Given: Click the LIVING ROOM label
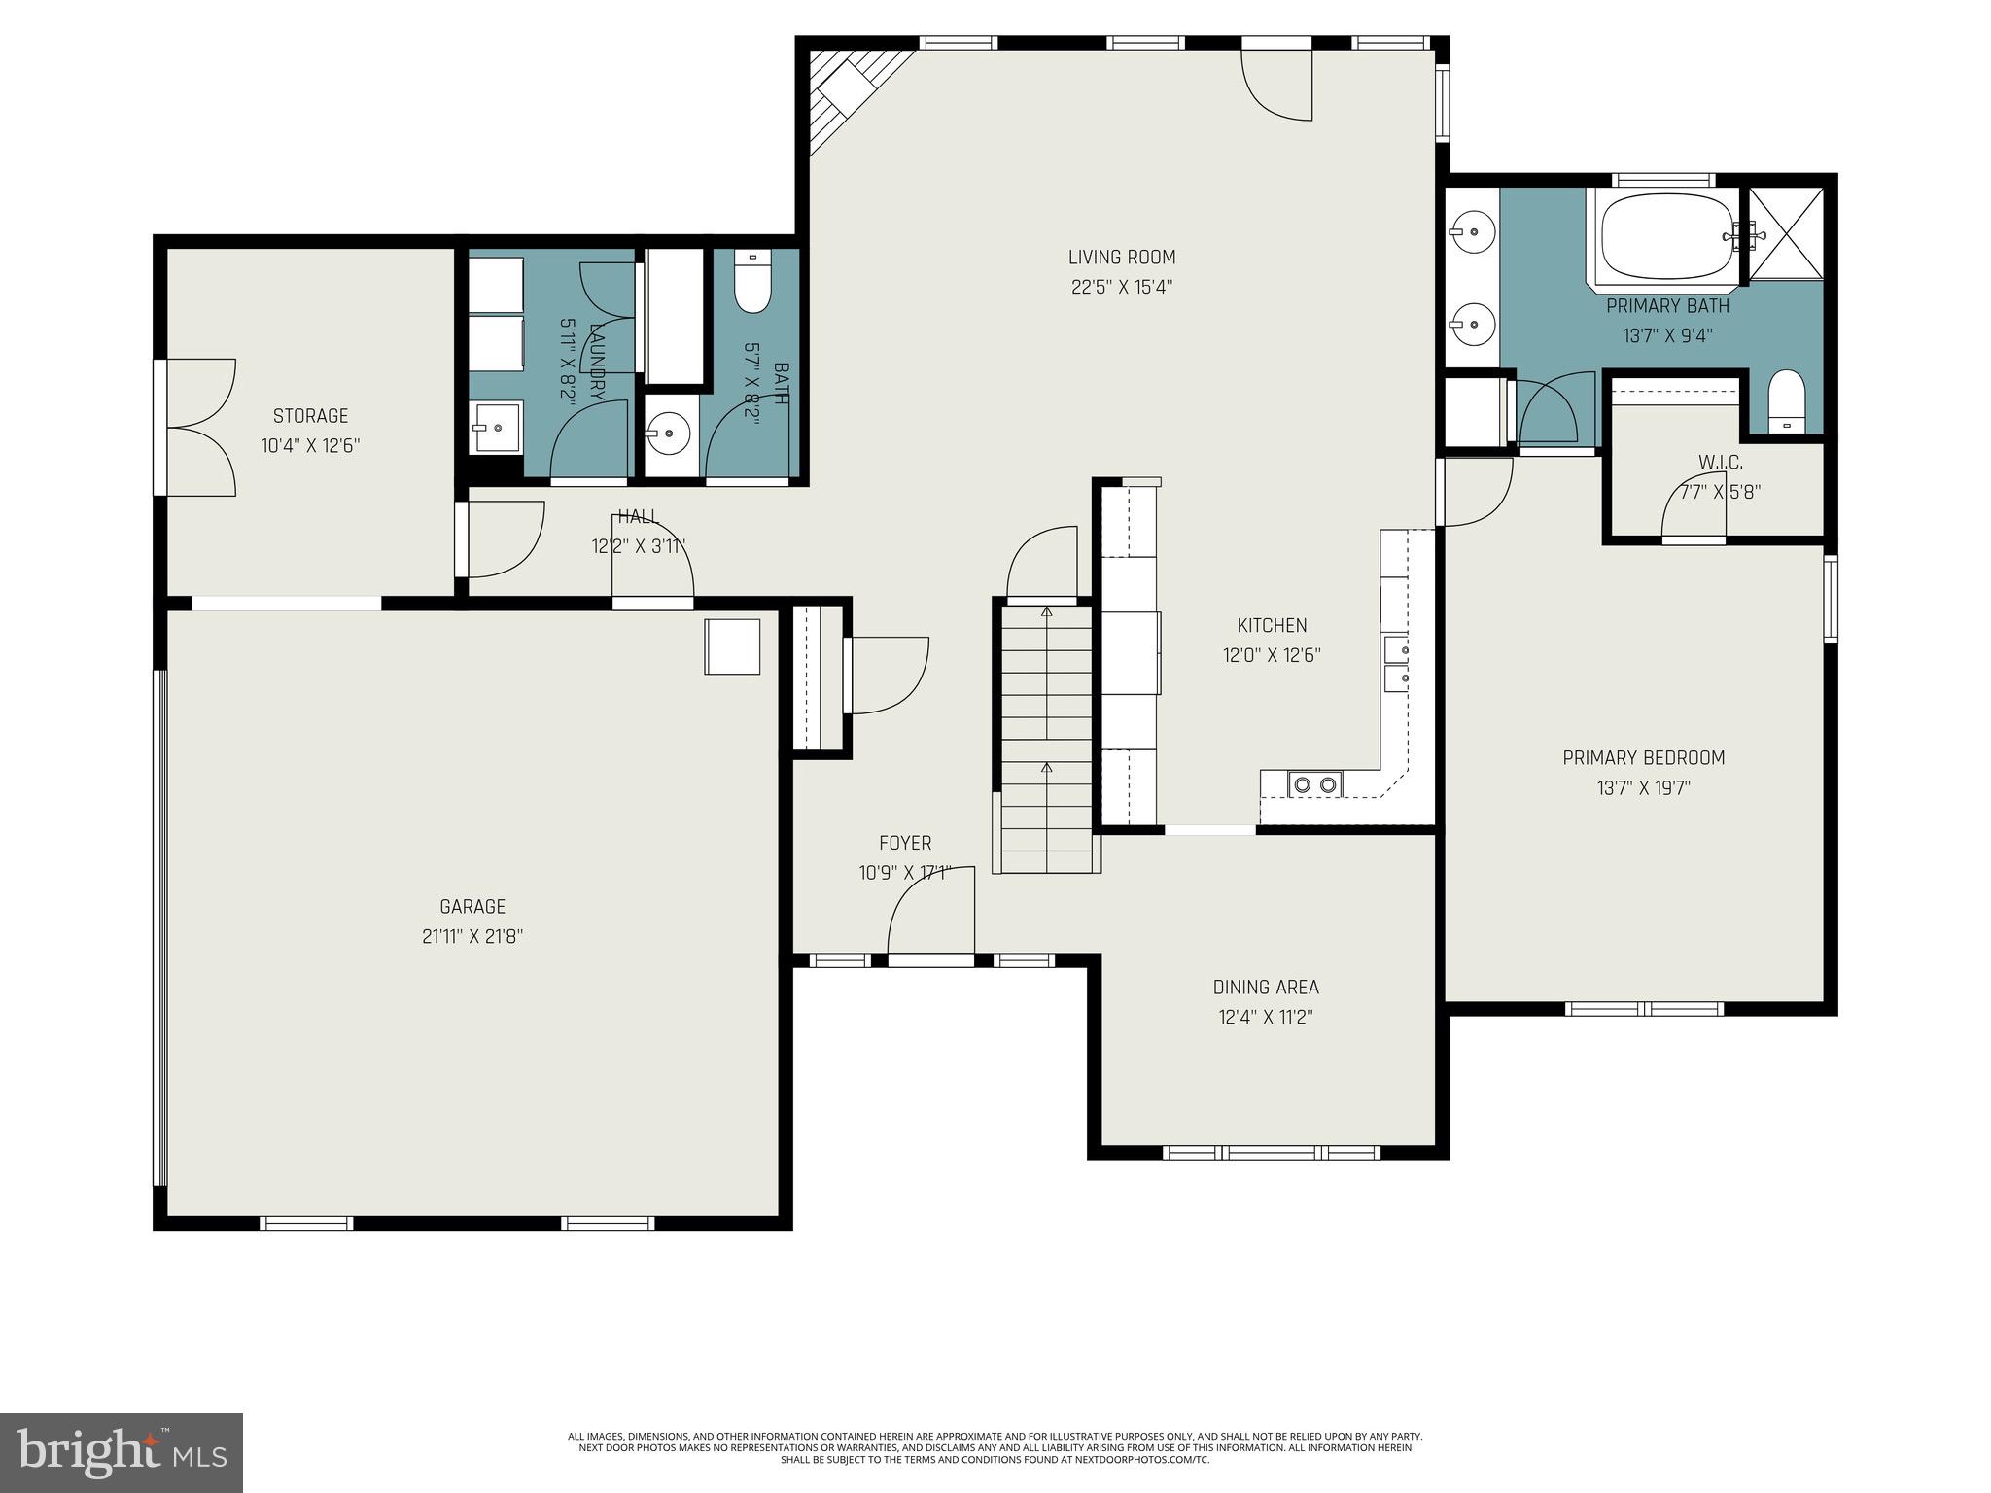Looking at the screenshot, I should [1121, 258].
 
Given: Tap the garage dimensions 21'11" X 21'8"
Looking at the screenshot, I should [472, 936].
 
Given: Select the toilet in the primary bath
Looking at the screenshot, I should [1786, 401].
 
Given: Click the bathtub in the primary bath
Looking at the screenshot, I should [1666, 237].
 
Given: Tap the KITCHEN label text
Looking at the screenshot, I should [1271, 625].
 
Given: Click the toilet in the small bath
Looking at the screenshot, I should [751, 282].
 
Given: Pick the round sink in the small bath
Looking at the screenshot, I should [669, 430].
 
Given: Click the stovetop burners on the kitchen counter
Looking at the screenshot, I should [1314, 783].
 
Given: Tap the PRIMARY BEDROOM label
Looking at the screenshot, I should [1643, 757].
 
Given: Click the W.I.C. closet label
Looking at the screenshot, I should [1720, 462].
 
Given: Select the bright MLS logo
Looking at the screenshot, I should [122, 1452].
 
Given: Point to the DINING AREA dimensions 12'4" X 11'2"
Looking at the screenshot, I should [1266, 1017].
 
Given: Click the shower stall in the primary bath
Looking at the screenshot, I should [1786, 233].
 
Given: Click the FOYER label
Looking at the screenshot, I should [904, 843].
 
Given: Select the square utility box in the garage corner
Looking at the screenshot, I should [732, 645].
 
